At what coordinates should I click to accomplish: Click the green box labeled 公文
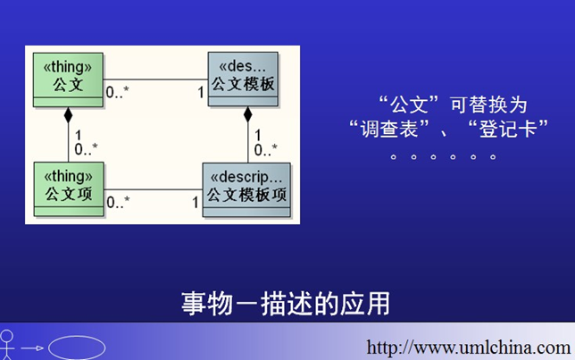pyautogui.click(x=68, y=80)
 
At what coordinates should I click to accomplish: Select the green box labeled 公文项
pyautogui.click(x=69, y=189)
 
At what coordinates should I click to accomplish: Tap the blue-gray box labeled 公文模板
pyautogui.click(x=243, y=79)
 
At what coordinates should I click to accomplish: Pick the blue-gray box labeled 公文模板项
pyautogui.click(x=246, y=189)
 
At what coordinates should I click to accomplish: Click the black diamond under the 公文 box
pyautogui.click(x=68, y=115)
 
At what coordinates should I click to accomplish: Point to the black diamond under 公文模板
pyautogui.click(x=248, y=114)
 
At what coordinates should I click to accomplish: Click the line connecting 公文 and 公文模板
pyautogui.click(x=156, y=80)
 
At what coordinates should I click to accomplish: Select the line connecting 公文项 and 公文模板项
pyautogui.click(x=154, y=189)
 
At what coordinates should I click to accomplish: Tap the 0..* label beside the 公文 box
pyautogui.click(x=117, y=92)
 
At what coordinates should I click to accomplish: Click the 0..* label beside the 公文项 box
pyautogui.click(x=118, y=202)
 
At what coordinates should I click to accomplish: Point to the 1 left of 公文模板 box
pyautogui.click(x=201, y=92)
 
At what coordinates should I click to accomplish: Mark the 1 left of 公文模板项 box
pyautogui.click(x=196, y=202)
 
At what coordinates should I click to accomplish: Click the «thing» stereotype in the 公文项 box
pyautogui.click(x=69, y=177)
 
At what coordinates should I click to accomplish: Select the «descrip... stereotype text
pyautogui.click(x=246, y=178)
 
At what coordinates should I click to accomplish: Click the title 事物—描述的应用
pyautogui.click(x=286, y=304)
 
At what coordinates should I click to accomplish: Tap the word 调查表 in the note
pyautogui.click(x=389, y=129)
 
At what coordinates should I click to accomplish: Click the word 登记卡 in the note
pyautogui.click(x=508, y=129)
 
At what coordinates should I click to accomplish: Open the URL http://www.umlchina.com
pyautogui.click(x=468, y=347)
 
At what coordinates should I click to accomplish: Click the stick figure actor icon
pyautogui.click(x=6, y=344)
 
